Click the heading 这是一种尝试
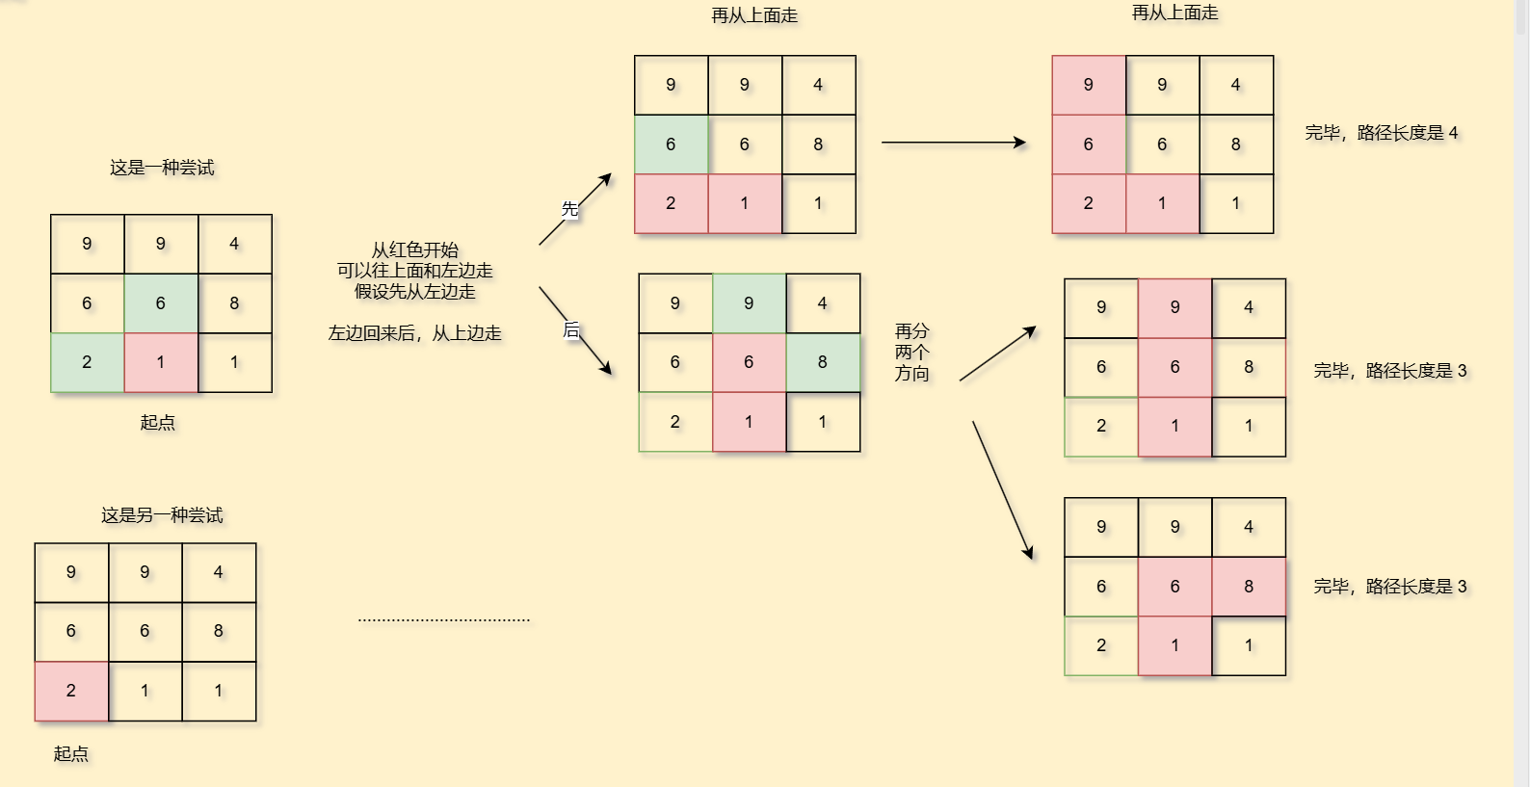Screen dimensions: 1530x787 click(162, 168)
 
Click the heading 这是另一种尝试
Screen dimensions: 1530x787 click(162, 515)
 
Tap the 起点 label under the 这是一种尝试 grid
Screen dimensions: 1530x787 click(157, 422)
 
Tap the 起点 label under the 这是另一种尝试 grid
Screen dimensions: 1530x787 click(70, 753)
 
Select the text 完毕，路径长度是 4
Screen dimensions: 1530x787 click(1381, 133)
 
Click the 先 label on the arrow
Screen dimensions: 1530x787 click(569, 208)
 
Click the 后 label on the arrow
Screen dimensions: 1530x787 click(570, 329)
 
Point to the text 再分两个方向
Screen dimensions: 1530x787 click(911, 353)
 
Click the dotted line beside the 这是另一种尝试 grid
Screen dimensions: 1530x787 click(443, 620)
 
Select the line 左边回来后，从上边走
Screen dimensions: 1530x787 click(414, 333)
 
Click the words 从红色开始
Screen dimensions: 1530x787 click(414, 250)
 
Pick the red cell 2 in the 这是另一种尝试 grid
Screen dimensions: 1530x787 click(71, 691)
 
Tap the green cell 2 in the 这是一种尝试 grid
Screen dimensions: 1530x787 click(87, 362)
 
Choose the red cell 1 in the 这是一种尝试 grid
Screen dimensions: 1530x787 click(161, 362)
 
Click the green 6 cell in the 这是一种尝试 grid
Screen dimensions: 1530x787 click(161, 303)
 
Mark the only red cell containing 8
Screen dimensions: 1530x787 click(1249, 587)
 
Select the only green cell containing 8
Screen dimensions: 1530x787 click(822, 362)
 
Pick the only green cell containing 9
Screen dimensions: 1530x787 click(749, 303)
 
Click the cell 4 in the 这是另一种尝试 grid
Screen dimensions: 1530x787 click(219, 572)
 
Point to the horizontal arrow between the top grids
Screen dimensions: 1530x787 click(953, 143)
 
